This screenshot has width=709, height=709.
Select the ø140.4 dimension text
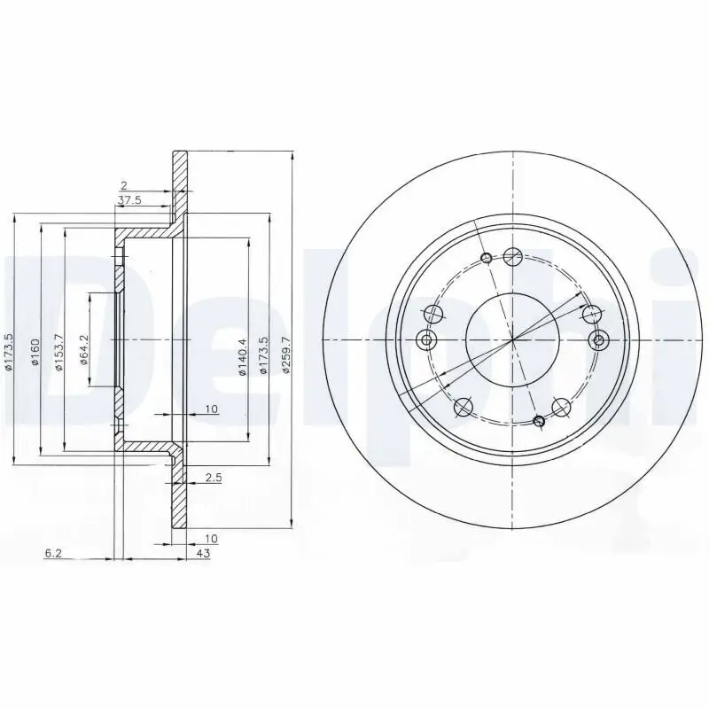click(241, 358)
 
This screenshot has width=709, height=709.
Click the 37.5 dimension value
click(129, 201)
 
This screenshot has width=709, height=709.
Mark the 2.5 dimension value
click(213, 479)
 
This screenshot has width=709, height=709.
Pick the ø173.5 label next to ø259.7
click(263, 354)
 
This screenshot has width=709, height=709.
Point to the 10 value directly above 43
click(211, 538)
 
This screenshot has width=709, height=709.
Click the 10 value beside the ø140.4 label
click(211, 409)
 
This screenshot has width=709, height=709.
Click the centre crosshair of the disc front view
click(512, 339)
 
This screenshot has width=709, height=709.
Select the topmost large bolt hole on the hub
click(511, 257)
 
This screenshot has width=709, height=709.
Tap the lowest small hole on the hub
click(537, 420)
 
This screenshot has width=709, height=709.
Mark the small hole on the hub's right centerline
click(598, 339)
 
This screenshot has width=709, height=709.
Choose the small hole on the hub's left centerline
click(426, 339)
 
